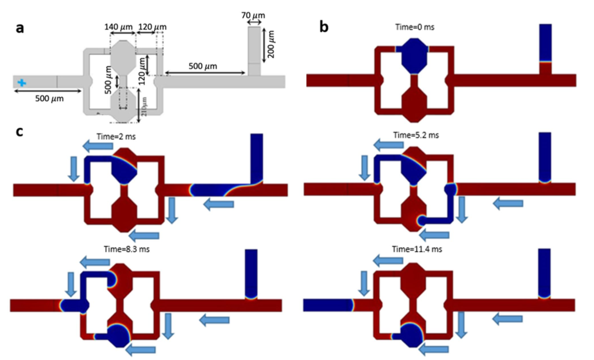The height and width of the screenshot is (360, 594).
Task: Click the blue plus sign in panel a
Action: [21, 82]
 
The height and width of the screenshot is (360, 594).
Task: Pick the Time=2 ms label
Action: [117, 136]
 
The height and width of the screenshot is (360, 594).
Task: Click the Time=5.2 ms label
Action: [416, 135]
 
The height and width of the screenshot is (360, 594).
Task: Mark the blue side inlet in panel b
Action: [545, 42]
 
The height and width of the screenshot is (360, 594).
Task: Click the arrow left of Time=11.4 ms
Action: [389, 257]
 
